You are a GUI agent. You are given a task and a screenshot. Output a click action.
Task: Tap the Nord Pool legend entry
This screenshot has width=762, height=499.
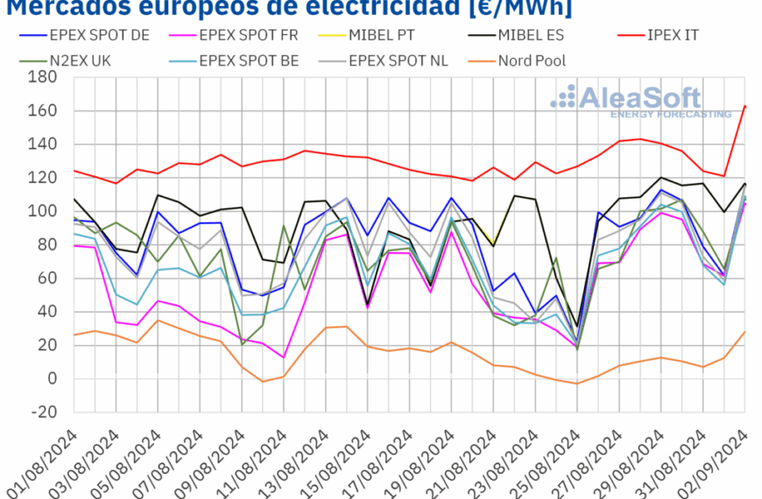(x=531, y=60)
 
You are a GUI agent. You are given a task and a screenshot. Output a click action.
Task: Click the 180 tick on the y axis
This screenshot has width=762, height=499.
(x=44, y=78)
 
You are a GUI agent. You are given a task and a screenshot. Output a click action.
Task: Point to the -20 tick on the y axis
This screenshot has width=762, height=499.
(x=44, y=412)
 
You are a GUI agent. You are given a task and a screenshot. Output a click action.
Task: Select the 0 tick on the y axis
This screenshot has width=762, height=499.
(x=51, y=379)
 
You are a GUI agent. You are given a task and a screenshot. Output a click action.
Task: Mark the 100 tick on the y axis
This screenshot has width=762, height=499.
(x=44, y=212)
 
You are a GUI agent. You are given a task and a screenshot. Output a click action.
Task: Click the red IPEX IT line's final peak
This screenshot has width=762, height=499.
(x=744, y=106)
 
